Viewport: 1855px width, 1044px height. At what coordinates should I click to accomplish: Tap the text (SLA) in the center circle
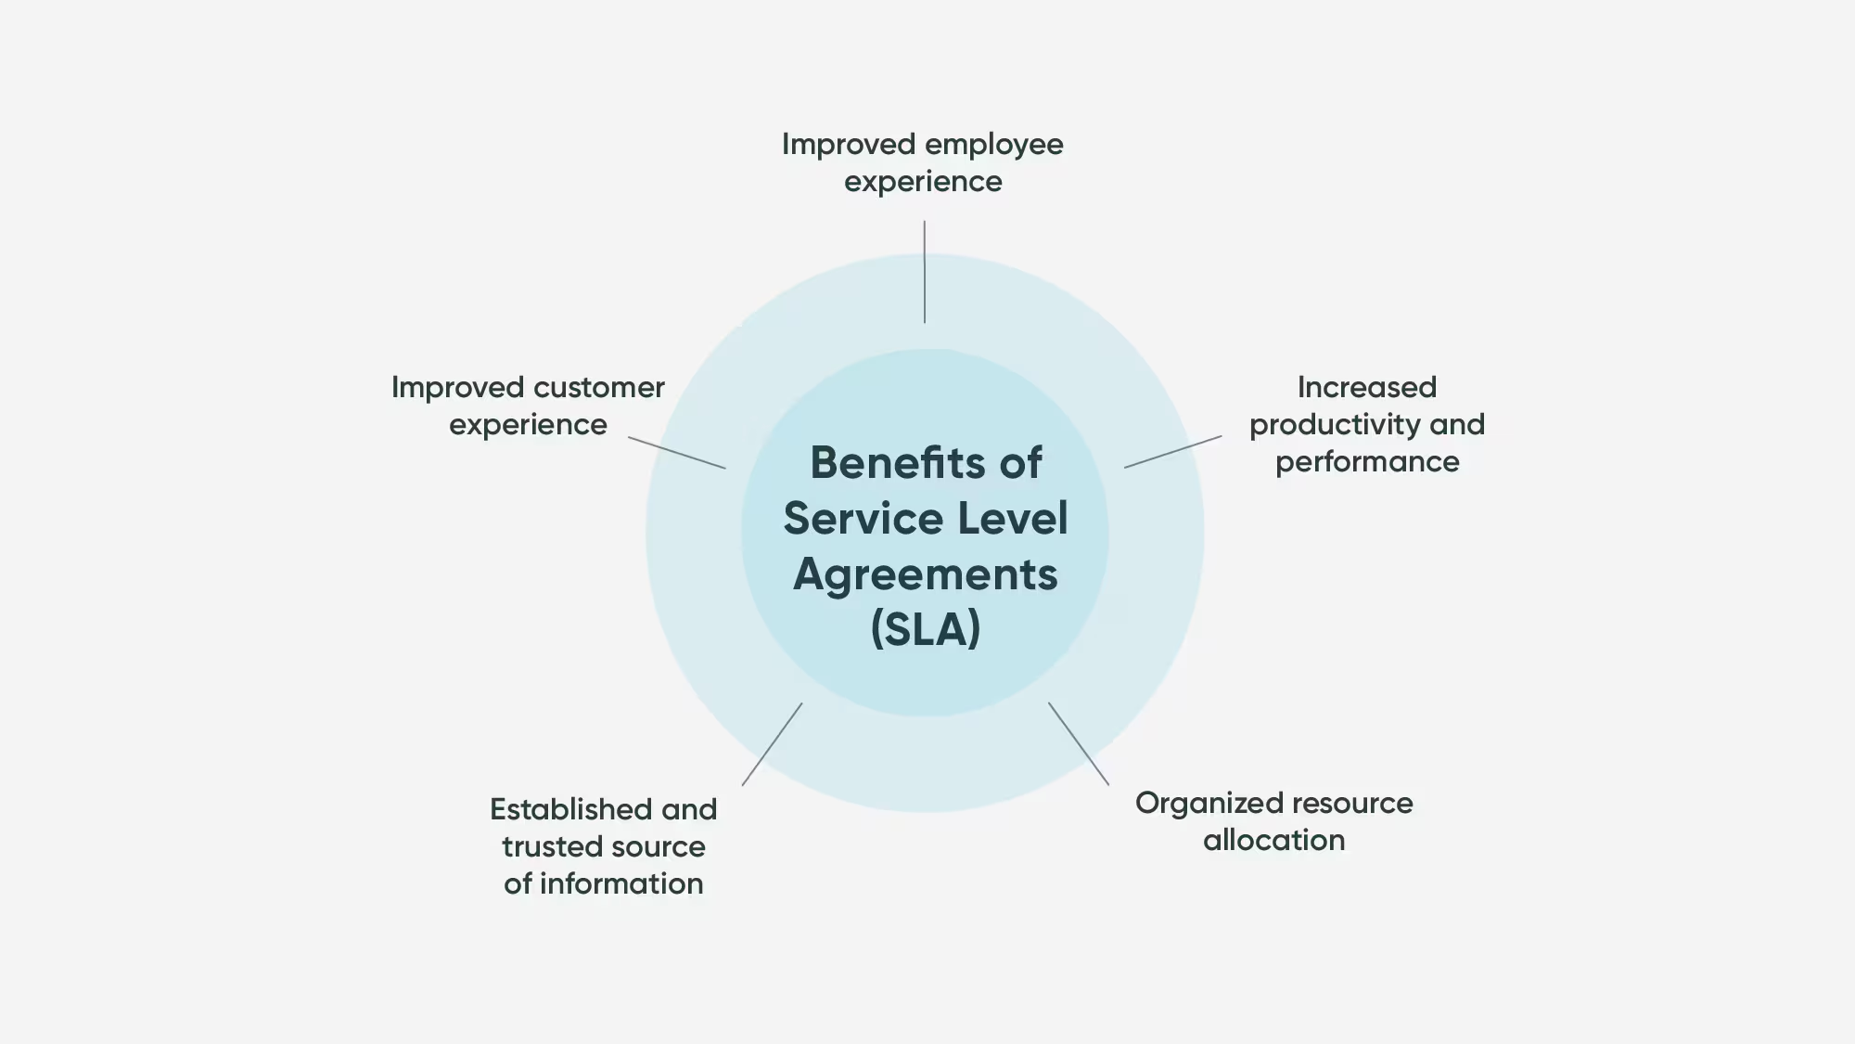click(926, 629)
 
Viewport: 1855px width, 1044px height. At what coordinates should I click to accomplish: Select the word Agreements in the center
click(926, 574)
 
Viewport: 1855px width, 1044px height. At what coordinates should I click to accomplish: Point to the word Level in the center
click(1013, 518)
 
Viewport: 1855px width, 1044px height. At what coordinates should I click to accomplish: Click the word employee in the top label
click(993, 145)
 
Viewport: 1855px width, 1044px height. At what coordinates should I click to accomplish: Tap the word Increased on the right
click(1366, 387)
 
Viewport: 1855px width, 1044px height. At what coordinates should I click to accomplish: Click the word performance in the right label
click(1366, 462)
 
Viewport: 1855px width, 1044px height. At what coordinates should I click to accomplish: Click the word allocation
click(1273, 840)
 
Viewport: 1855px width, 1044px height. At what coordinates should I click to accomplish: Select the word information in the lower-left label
click(621, 883)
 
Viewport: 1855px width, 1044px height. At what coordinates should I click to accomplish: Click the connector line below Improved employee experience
click(924, 272)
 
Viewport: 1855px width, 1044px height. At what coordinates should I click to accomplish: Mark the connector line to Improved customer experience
click(677, 453)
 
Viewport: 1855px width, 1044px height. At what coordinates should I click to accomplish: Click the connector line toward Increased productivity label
click(1172, 452)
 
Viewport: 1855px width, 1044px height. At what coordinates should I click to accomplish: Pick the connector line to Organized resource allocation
click(1079, 744)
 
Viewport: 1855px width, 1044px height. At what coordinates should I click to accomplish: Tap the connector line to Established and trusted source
click(772, 744)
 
